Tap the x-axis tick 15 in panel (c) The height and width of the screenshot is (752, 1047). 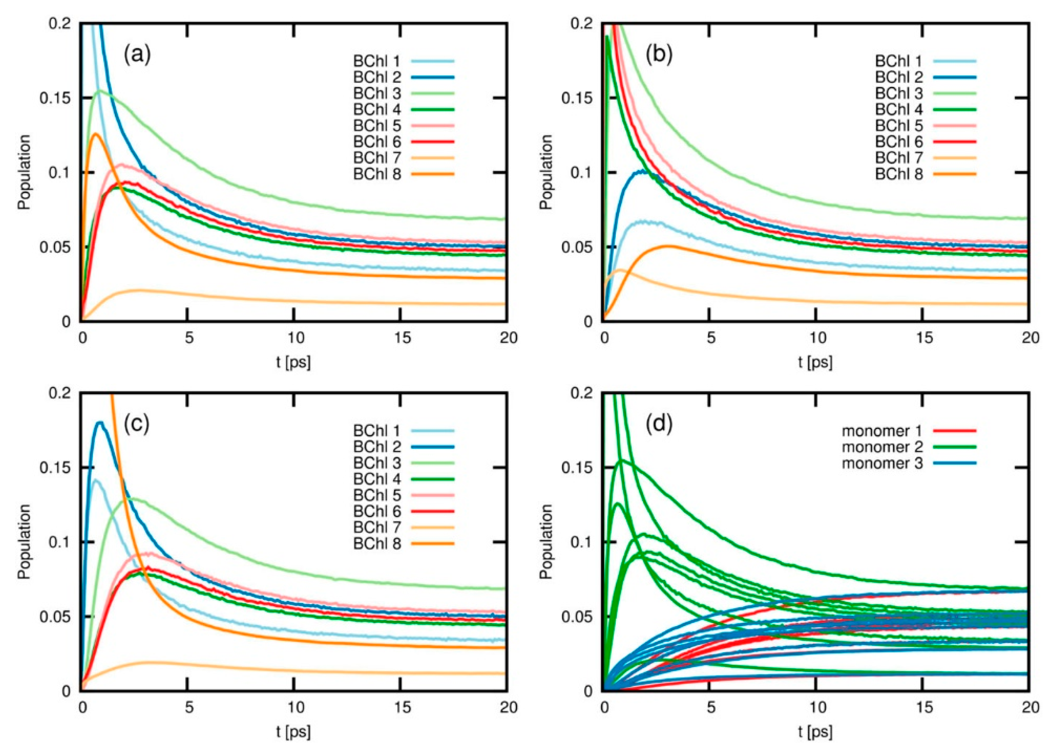pyautogui.click(x=402, y=707)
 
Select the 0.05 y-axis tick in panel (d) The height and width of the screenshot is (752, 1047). pyautogui.click(x=578, y=617)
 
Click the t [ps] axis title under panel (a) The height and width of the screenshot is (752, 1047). pyautogui.click(x=294, y=362)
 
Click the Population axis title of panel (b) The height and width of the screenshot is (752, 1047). pyautogui.click(x=546, y=172)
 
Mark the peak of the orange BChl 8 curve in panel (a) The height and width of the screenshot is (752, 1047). pyautogui.click(x=96, y=134)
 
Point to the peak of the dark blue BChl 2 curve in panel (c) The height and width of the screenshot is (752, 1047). pyautogui.click(x=100, y=422)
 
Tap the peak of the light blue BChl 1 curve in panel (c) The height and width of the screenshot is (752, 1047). pyautogui.click(x=96, y=480)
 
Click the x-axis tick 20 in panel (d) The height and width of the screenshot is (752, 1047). pyautogui.click(x=1029, y=707)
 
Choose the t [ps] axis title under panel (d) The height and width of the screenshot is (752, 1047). pyautogui.click(x=815, y=732)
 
